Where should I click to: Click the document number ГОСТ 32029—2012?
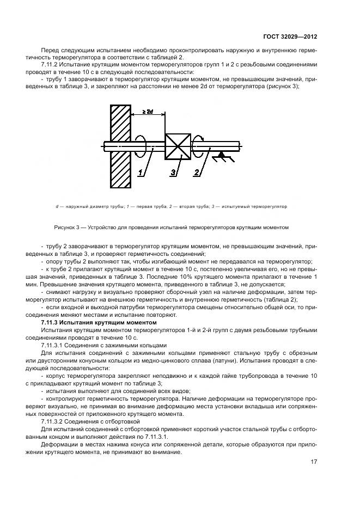click(x=294, y=36)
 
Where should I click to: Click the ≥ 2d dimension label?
click(x=147, y=112)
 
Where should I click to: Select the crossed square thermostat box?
click(x=178, y=146)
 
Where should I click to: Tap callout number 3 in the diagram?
click(x=173, y=173)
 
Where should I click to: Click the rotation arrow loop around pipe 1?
click(x=141, y=146)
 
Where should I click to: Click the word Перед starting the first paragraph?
click(x=50, y=50)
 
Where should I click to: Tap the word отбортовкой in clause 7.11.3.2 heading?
click(x=125, y=422)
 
